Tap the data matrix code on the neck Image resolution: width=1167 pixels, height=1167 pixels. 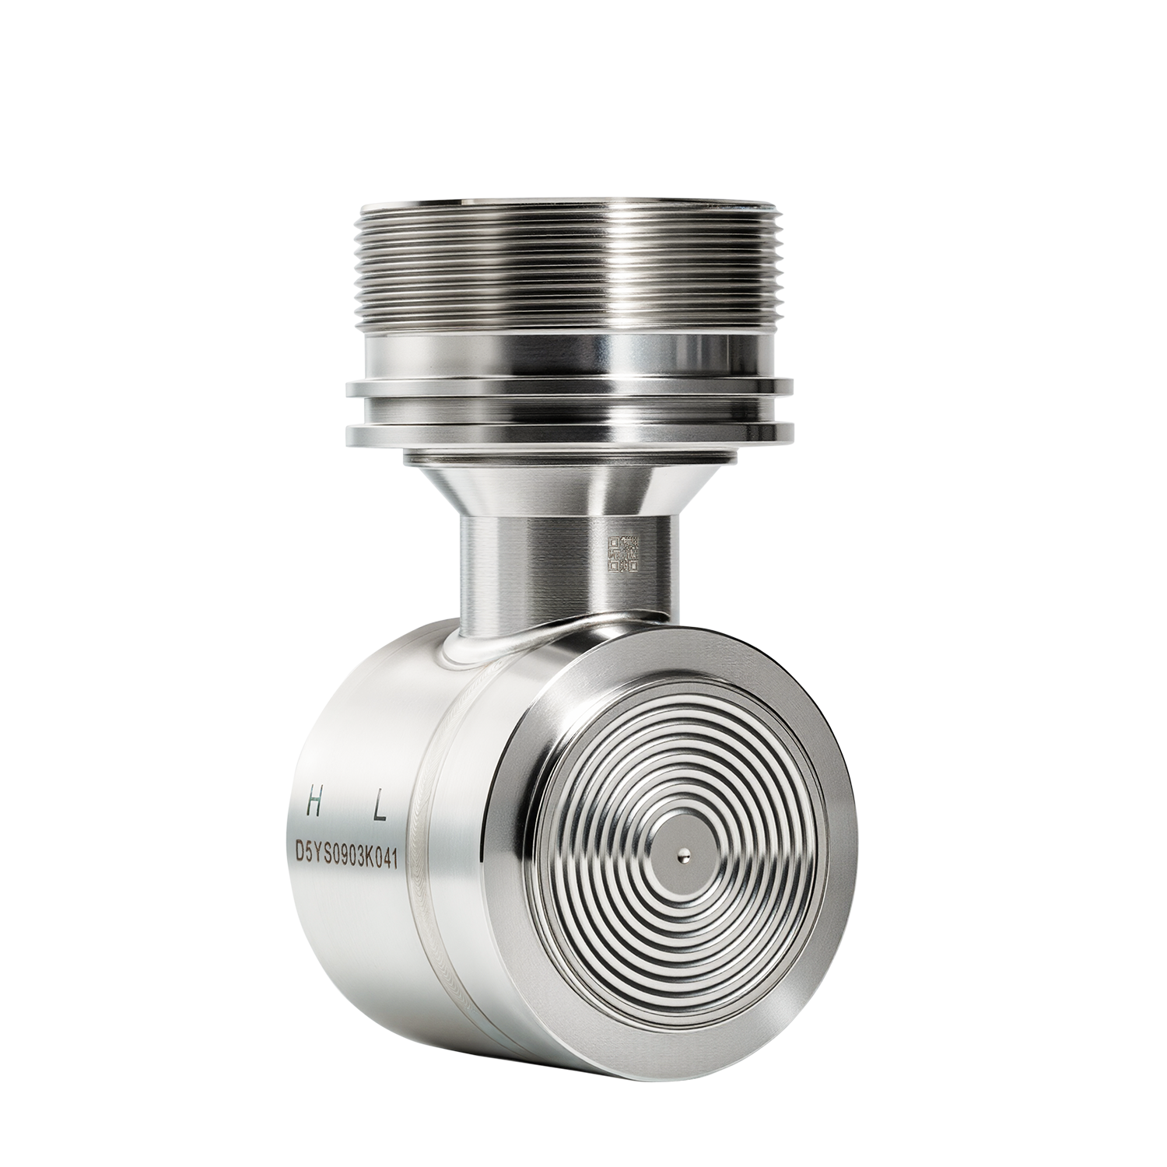(623, 553)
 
